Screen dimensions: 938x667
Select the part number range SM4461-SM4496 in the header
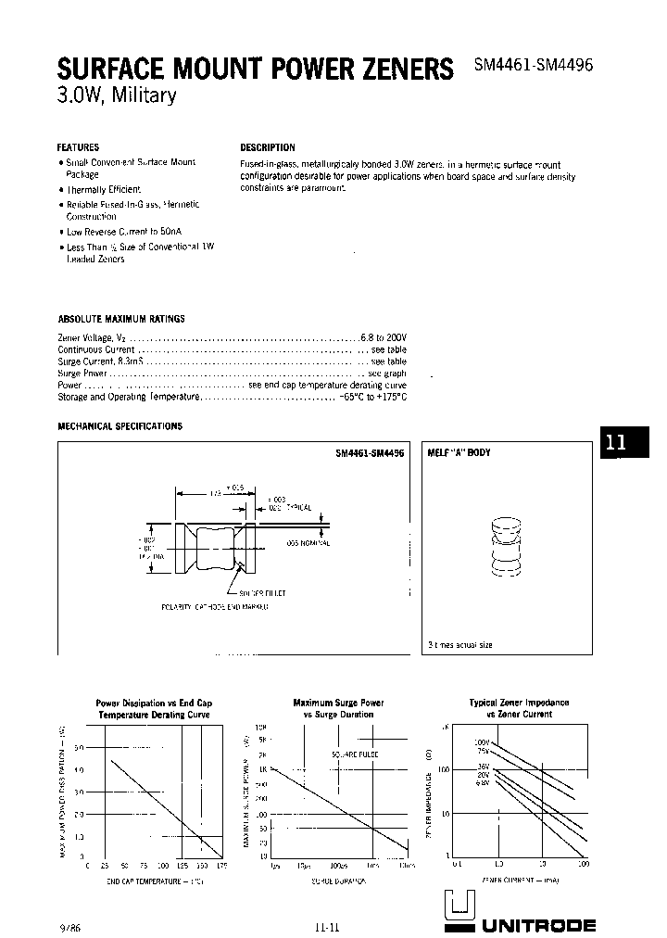pos(533,67)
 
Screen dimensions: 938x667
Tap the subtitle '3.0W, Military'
pos(116,96)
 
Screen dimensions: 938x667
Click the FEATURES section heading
pos(78,147)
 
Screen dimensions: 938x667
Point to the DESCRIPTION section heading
pos(268,147)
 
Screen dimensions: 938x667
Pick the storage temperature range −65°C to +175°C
pos(371,397)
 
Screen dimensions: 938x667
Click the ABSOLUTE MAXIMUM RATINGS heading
pos(121,319)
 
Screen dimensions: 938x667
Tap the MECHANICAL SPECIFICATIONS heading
pos(120,426)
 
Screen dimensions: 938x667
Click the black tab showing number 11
pos(616,443)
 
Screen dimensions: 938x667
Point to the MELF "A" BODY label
pos(459,453)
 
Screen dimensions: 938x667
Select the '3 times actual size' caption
pos(459,644)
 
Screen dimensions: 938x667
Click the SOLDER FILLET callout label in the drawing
pos(263,592)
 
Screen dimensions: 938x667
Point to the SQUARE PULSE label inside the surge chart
pos(355,755)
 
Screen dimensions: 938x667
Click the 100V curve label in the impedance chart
pos(481,742)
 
